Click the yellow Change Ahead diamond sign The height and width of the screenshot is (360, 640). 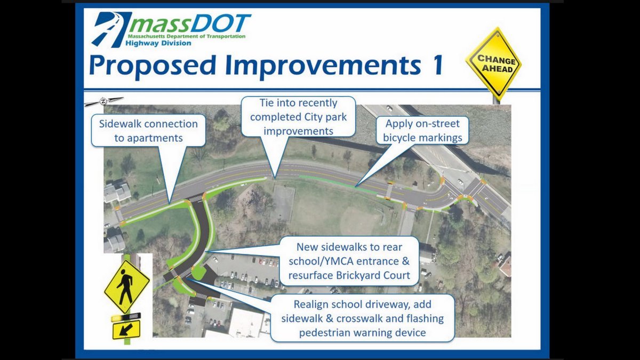coord(494,63)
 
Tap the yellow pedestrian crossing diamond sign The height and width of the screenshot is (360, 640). coord(126,286)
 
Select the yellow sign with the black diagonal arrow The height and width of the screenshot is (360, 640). coord(126,330)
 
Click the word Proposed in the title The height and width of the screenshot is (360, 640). coord(152,66)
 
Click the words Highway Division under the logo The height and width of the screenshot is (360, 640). coord(158,43)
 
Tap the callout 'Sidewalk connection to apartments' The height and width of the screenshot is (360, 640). coord(148,131)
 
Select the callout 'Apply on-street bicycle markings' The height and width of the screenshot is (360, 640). coord(422,130)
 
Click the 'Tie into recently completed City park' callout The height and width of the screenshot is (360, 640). coord(298,117)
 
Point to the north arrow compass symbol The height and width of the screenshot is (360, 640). coord(103,101)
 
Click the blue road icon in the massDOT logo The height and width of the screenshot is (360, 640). coord(111,29)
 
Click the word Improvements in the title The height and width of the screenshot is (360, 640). coord(323,66)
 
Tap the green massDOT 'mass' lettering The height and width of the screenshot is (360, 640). coord(159,26)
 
